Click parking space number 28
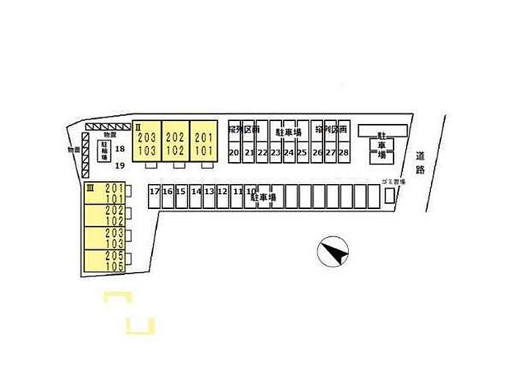pos(343,153)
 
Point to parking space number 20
pos(234,153)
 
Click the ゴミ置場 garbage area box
pos(388,195)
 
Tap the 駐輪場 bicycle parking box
pos(104,151)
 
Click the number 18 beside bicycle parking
pos(121,150)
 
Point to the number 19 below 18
pos(121,165)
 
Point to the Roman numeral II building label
pos(137,127)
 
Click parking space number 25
pos(302,153)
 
